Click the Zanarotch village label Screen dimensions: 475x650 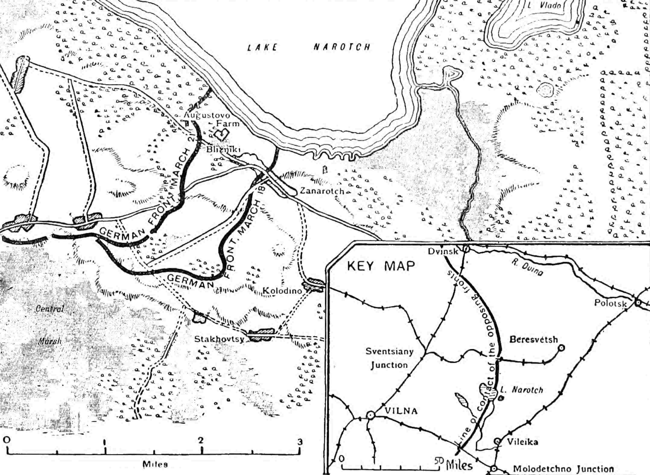(x=322, y=191)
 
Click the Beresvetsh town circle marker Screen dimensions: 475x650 (x=561, y=348)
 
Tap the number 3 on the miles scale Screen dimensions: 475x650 (x=300, y=442)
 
